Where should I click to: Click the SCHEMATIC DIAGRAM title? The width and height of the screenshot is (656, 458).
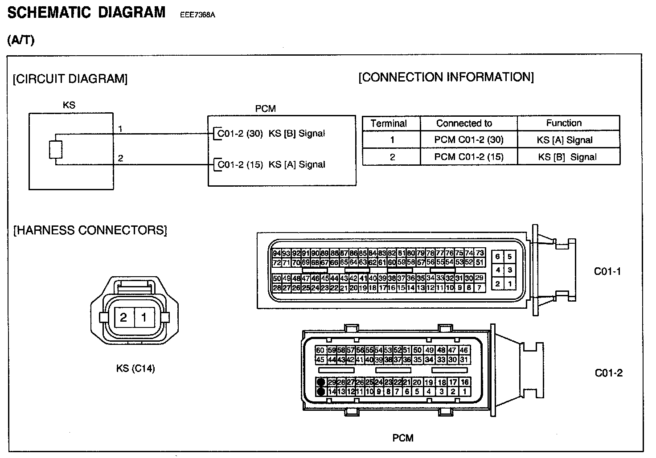(x=86, y=12)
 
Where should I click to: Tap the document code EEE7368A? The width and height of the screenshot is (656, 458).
(x=197, y=15)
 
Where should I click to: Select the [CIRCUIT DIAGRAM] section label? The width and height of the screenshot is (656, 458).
(x=70, y=79)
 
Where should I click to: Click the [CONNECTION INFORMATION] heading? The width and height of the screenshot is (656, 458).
(x=446, y=77)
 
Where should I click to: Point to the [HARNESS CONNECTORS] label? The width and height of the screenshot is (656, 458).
(x=90, y=230)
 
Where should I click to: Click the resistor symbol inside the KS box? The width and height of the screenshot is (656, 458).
(x=56, y=150)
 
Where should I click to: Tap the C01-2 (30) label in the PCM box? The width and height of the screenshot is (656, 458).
(x=240, y=133)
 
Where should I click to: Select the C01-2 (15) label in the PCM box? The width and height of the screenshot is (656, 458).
(x=240, y=164)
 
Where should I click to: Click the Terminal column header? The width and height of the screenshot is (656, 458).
(x=389, y=123)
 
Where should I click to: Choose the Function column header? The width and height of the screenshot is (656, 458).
(x=564, y=123)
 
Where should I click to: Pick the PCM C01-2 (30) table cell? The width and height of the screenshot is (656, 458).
(x=469, y=140)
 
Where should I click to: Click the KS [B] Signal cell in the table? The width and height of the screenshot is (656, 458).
(x=567, y=157)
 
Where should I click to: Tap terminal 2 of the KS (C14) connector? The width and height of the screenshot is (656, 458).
(x=123, y=317)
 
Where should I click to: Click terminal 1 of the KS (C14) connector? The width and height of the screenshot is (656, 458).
(x=144, y=317)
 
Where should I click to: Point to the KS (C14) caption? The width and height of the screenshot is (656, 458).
(x=135, y=368)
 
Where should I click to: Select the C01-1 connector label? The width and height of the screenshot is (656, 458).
(x=607, y=271)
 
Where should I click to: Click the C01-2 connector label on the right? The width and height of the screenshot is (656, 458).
(x=608, y=373)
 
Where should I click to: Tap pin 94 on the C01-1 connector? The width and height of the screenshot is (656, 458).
(x=276, y=253)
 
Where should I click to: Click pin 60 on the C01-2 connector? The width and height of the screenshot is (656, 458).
(x=320, y=350)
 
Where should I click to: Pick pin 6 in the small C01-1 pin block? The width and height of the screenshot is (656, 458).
(x=498, y=257)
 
